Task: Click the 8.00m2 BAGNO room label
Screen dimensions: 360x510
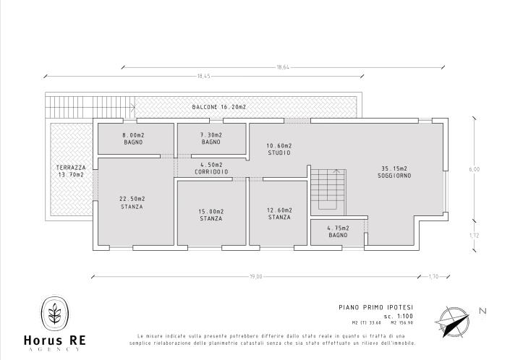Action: [132, 139]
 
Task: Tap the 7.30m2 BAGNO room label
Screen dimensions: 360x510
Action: [211, 139]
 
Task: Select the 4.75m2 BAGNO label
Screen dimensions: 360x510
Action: [339, 232]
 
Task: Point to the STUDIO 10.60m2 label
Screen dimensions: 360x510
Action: [279, 150]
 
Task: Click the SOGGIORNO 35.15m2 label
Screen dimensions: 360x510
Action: [394, 173]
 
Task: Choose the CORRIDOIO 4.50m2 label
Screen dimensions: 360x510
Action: [211, 168]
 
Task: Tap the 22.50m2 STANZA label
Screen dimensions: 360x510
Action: [132, 202]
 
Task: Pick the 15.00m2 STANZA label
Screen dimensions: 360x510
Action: [211, 215]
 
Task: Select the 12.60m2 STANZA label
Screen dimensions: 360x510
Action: [279, 213]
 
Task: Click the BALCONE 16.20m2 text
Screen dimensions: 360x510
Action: [219, 107]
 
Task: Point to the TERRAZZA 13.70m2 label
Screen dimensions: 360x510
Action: [70, 171]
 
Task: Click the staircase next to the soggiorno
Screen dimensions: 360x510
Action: [330, 192]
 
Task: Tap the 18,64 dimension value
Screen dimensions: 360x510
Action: [283, 67]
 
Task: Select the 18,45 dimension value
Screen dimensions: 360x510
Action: [203, 75]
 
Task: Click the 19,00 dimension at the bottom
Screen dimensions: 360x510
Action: [255, 275]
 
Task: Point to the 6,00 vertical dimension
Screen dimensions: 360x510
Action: [474, 169]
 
